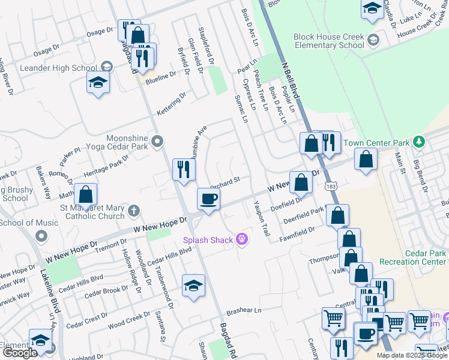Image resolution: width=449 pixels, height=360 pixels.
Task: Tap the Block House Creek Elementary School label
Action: click(x=329, y=41)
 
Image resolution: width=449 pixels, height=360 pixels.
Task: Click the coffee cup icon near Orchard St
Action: click(x=208, y=199)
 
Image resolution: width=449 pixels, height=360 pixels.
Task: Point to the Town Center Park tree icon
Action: click(x=419, y=143)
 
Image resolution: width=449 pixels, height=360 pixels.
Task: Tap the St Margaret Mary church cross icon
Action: click(x=133, y=211)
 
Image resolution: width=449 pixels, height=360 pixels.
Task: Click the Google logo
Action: click(x=20, y=353)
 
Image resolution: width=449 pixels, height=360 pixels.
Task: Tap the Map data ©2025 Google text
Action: click(x=411, y=355)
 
